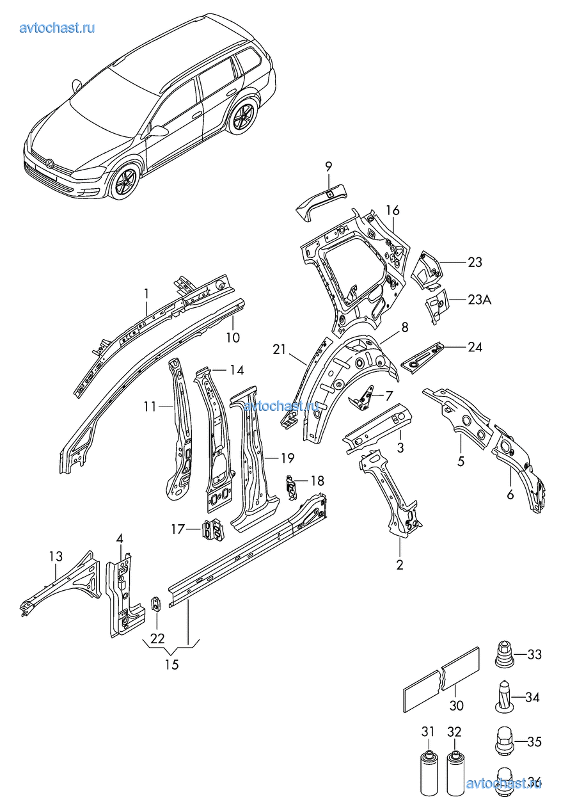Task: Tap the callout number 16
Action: [392, 211]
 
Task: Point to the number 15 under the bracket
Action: [171, 664]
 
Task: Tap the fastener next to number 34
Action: [503, 696]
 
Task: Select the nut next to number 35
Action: [505, 741]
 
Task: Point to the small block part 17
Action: [214, 531]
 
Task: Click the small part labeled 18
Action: [292, 486]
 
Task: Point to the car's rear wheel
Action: [244, 118]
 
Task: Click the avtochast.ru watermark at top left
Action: [58, 28]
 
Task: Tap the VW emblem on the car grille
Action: [49, 164]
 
